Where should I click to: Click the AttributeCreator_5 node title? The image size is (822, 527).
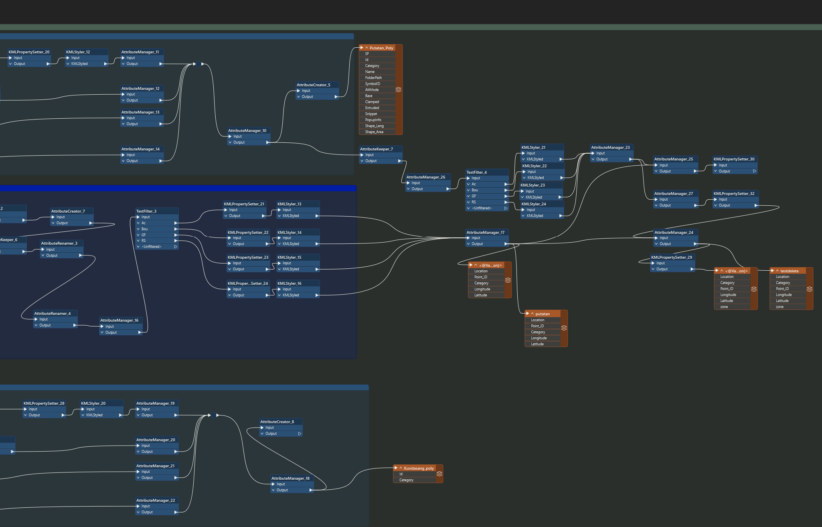tap(314, 85)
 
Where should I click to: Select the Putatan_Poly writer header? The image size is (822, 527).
tap(381, 48)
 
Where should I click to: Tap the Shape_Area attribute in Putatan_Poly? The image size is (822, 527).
tap(374, 132)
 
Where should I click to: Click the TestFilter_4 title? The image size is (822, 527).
tap(476, 172)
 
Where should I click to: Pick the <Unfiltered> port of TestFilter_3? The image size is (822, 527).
tap(152, 247)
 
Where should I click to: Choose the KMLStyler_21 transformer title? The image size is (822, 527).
tap(533, 147)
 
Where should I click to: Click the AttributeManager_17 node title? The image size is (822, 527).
tap(485, 232)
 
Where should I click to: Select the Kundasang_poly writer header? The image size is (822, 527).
tap(418, 468)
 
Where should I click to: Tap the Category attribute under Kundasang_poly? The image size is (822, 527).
tap(406, 480)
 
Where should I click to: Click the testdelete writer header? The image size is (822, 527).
tap(789, 271)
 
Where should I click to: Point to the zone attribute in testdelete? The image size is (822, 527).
tap(779, 307)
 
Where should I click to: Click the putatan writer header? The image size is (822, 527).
tap(542, 314)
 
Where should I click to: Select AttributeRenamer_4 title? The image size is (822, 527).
tap(53, 313)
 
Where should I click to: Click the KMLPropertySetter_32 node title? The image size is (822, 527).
tap(734, 193)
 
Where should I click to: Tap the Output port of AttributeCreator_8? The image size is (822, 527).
tap(271, 434)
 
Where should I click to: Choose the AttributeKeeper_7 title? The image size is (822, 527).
tap(377, 149)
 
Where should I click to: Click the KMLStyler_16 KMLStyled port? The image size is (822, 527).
tap(291, 295)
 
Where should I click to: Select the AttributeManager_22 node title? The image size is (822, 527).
tap(156, 500)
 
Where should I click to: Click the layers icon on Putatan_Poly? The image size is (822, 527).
tap(398, 89)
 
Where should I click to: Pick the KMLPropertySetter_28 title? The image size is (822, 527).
tap(44, 403)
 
